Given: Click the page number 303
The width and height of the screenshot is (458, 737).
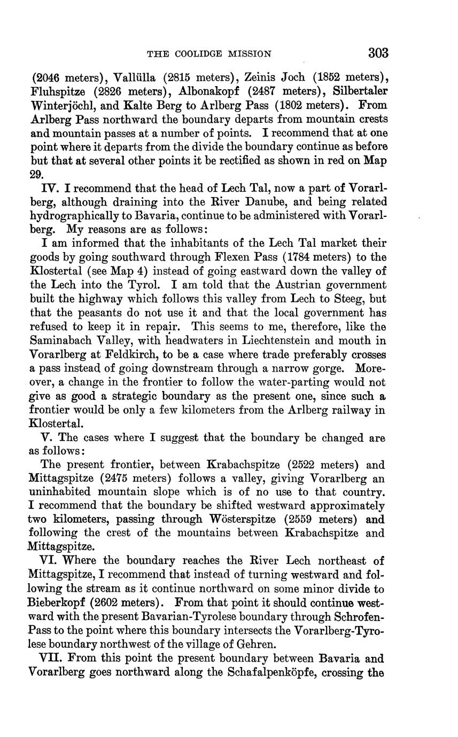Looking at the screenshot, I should click(x=378, y=53).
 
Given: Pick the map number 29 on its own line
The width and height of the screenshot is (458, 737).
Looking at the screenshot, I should click(x=36, y=174).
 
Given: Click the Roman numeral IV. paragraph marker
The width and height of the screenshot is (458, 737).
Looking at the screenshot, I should click(x=51, y=188).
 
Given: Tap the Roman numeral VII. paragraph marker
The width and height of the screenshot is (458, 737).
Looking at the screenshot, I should click(x=52, y=658).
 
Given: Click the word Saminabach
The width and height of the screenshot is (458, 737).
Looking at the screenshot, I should click(x=64, y=341).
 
